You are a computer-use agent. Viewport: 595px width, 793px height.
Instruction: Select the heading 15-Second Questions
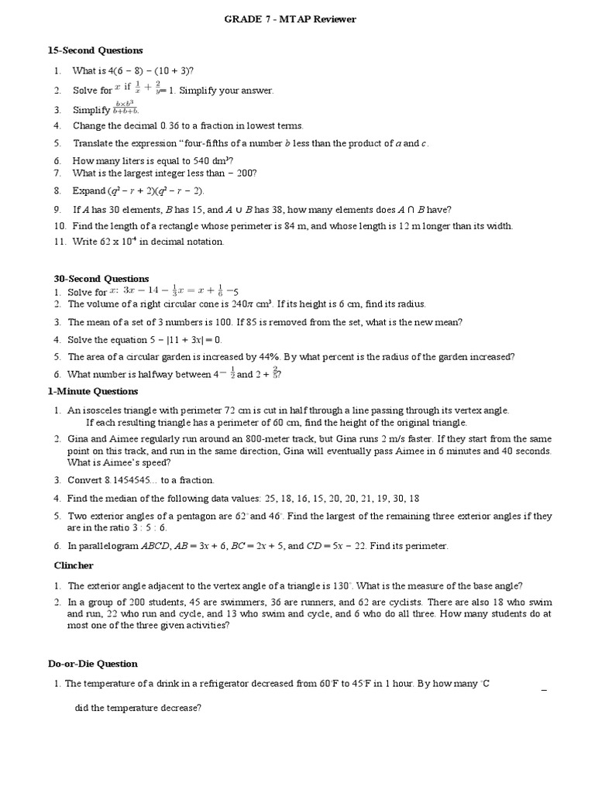[95, 50]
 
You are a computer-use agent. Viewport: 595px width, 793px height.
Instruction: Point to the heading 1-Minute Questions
[93, 391]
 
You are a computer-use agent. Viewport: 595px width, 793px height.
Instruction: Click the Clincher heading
[73, 565]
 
